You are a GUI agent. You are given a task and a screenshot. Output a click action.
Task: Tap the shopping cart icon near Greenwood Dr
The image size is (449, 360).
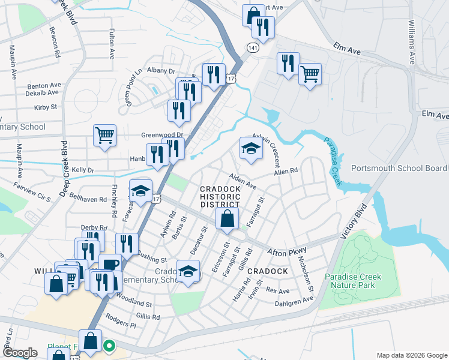pos(104,135)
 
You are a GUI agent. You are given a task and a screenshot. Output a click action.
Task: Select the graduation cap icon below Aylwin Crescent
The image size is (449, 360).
pos(251,149)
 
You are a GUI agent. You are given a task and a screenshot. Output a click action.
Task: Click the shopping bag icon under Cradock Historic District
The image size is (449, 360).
pos(228,220)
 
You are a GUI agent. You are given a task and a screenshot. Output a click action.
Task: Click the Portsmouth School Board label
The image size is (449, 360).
pos(399,169)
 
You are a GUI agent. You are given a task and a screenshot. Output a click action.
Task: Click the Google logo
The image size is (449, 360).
pos(20,353)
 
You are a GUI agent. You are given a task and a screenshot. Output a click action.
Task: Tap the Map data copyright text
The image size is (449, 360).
pos(411,355)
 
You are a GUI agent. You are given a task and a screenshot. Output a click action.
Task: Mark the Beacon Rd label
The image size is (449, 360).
pos(55,41)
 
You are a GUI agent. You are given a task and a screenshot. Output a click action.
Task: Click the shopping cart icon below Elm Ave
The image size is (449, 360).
pos(310,74)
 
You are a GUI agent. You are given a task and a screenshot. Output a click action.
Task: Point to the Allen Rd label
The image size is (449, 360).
pos(286,172)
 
